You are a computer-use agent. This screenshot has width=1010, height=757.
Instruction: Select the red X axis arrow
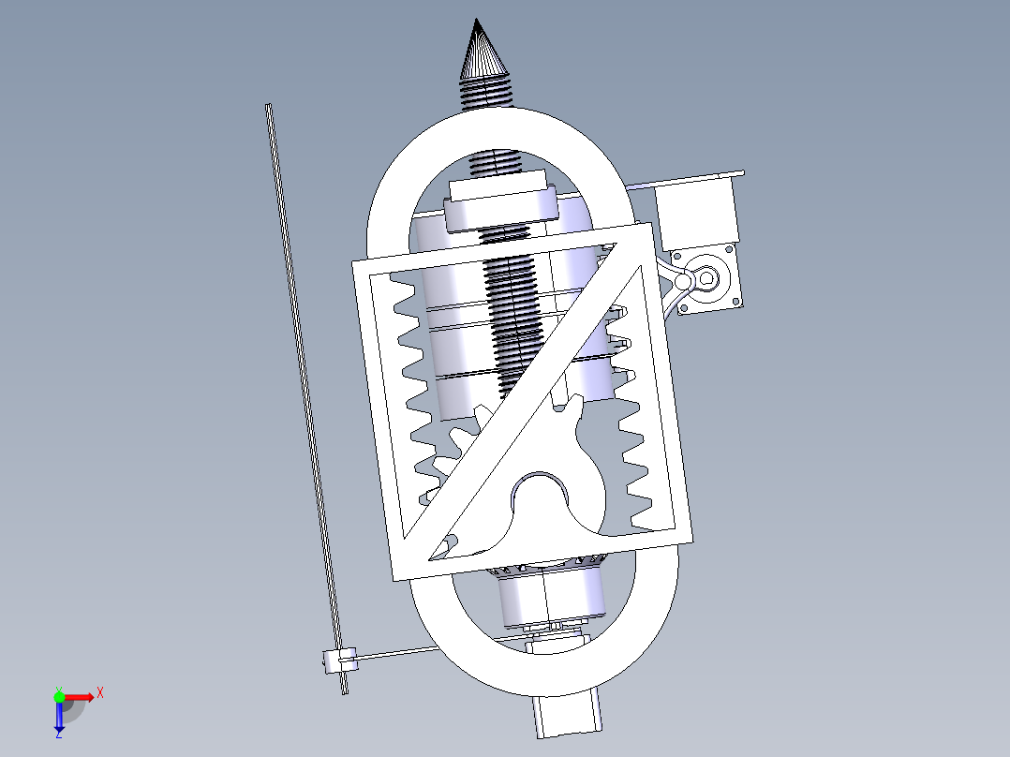(79, 696)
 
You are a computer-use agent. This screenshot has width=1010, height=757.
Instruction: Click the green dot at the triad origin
(59, 696)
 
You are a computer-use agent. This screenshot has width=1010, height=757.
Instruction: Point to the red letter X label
(99, 693)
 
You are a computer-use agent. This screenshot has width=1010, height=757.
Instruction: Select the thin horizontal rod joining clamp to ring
(394, 653)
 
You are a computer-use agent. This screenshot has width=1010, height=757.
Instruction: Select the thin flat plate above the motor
(693, 179)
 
